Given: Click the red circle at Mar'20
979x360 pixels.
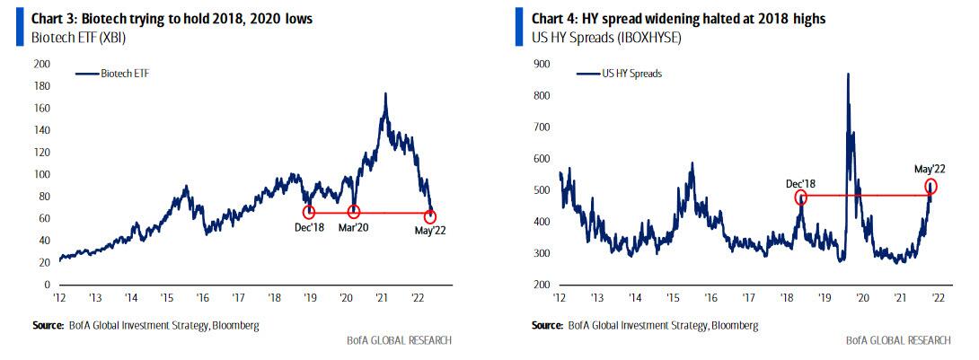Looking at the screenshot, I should tap(354, 213).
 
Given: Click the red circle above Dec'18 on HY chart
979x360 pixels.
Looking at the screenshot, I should tap(800, 196).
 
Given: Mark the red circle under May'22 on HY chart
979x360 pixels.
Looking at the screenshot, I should tap(930, 187).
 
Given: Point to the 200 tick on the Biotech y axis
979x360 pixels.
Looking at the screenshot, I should tap(41, 64).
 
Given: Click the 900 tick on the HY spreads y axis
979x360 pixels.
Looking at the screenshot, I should tap(541, 64).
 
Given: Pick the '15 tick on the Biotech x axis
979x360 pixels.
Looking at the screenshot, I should tap(167, 296).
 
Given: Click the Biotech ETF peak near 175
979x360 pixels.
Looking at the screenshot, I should tap(385, 92).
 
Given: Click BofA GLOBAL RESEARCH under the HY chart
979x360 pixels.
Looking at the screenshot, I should tap(897, 340).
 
